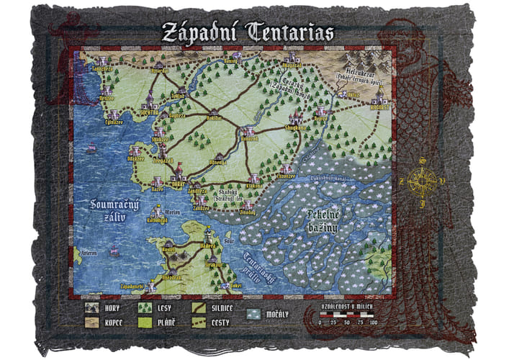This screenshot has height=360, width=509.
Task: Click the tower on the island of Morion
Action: [x=158, y=212]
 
